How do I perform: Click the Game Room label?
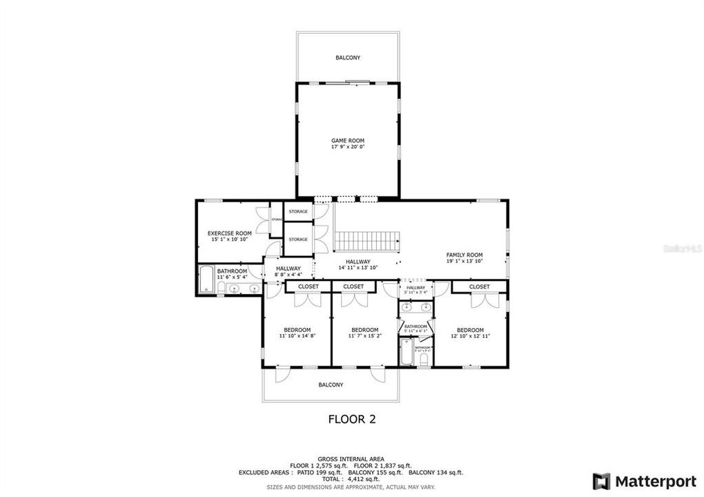pyautogui.click(x=347, y=140)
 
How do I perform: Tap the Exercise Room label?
pyautogui.click(x=229, y=233)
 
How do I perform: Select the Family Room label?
pyautogui.click(x=464, y=255)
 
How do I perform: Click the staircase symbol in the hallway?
pyautogui.click(x=367, y=242)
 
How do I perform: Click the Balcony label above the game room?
pyautogui.click(x=347, y=58)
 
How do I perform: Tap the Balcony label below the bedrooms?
pyautogui.click(x=331, y=385)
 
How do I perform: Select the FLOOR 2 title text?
pyautogui.click(x=351, y=419)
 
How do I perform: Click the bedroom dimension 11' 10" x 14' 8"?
pyautogui.click(x=297, y=336)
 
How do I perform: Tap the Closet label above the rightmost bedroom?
pyautogui.click(x=479, y=286)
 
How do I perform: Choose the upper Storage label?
pyautogui.click(x=298, y=212)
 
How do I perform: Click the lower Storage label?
pyautogui.click(x=298, y=240)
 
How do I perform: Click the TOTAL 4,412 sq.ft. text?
pyautogui.click(x=351, y=478)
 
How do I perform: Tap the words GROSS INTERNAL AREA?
pyautogui.click(x=351, y=458)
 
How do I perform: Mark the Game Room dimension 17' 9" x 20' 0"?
pyautogui.click(x=347, y=147)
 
